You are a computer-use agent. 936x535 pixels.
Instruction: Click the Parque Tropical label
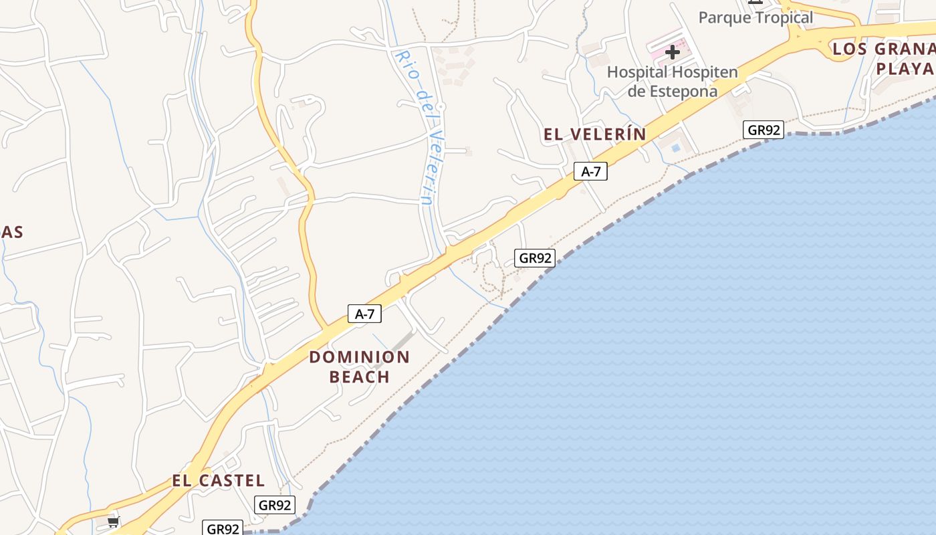[755, 17]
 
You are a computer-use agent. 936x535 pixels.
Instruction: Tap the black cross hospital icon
[673, 52]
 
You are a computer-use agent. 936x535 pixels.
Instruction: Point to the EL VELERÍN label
[595, 134]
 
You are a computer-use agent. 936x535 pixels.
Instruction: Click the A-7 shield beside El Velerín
[590, 172]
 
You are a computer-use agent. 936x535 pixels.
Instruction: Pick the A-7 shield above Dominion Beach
[364, 314]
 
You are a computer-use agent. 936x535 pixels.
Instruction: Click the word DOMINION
[359, 357]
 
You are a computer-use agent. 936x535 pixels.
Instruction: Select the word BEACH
[360, 377]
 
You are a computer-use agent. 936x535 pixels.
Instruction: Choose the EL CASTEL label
[219, 481]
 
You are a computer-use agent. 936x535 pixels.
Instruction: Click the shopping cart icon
[114, 521]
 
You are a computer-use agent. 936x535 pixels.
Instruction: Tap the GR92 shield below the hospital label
[763, 130]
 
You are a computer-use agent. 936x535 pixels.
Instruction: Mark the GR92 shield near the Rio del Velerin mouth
[535, 257]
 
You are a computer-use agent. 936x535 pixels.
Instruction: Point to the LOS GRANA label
[883, 49]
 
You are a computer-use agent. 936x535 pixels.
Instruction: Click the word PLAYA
[904, 68]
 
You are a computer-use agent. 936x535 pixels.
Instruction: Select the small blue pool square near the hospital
[676, 147]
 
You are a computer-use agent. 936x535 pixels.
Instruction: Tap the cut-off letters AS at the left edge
[12, 233]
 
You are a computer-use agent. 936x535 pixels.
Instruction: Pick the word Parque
[725, 17]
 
